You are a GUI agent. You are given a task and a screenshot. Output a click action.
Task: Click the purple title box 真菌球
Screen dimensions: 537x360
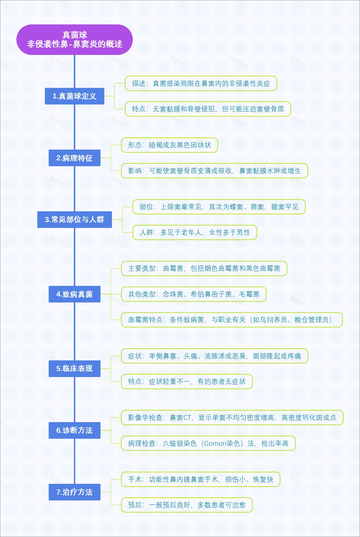74,40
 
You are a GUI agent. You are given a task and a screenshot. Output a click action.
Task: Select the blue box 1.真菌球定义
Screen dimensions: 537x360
74,96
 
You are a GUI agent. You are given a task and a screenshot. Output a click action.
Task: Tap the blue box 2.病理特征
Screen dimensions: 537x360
74,158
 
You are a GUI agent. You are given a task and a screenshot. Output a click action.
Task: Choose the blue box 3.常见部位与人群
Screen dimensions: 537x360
74,219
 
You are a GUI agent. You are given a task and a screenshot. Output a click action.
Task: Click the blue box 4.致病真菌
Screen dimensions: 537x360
74,294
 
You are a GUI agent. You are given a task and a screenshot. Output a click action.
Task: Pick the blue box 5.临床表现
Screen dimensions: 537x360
74,368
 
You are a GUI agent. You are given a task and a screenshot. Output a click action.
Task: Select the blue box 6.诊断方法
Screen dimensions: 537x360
74,430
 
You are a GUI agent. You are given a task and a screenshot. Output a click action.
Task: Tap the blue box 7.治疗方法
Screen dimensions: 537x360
74,492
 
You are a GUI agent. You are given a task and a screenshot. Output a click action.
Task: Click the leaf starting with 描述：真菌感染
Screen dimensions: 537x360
201,83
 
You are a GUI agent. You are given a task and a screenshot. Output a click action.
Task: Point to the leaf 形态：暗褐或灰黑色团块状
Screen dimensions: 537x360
169,145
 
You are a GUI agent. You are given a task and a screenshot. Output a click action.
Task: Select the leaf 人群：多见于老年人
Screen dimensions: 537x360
194,232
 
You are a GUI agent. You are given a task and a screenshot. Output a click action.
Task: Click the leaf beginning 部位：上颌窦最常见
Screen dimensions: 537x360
219,207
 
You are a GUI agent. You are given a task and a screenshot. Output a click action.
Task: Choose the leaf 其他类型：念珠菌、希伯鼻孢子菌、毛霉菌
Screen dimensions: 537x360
193,294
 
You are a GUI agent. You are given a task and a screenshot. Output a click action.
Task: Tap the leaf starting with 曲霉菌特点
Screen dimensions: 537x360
232,320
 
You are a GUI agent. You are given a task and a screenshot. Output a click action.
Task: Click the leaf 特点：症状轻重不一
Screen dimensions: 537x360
187,382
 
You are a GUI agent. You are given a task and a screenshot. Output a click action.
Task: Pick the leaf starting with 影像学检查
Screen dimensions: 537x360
232,418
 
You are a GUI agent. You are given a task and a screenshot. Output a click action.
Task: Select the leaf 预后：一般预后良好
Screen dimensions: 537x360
187,505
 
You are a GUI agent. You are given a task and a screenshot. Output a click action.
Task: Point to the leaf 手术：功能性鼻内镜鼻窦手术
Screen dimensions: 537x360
200,479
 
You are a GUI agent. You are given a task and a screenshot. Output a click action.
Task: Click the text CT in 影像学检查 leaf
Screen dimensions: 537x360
187,418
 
